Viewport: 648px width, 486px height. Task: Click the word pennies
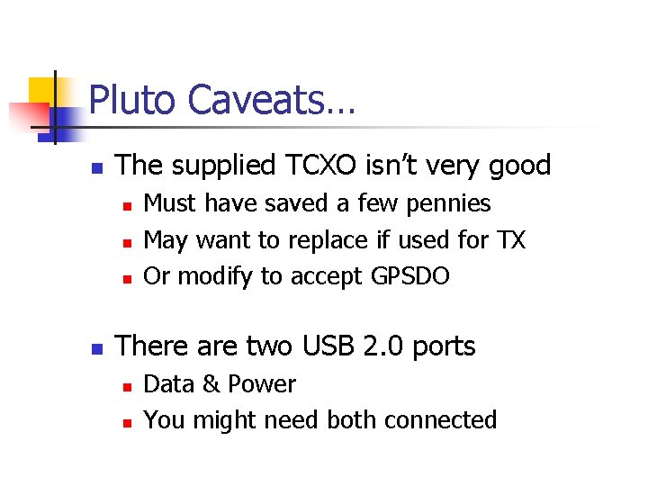point(451,204)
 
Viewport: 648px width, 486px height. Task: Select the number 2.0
point(378,346)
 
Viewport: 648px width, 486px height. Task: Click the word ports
point(443,346)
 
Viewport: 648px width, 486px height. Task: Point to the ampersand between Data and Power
point(211,384)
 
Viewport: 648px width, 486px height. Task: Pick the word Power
point(261,384)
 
